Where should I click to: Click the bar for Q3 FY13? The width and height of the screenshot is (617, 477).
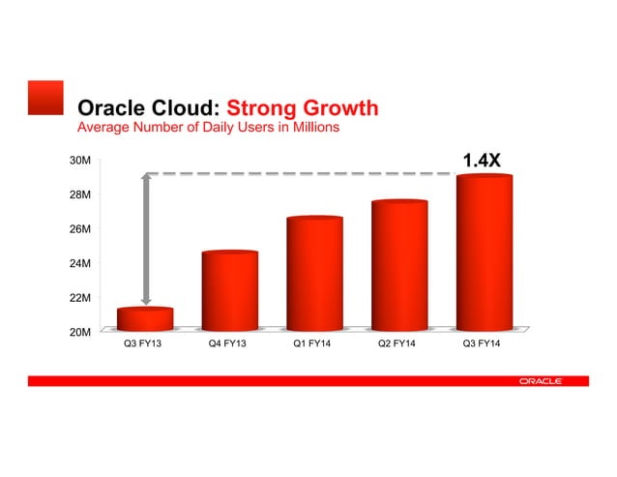tap(145, 319)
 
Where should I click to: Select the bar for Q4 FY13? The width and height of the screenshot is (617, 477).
tap(229, 290)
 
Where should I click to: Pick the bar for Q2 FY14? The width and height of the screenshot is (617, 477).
tap(398, 265)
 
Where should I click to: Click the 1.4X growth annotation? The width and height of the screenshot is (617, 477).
tap(481, 160)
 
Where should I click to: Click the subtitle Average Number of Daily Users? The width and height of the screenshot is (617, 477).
tap(207, 128)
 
